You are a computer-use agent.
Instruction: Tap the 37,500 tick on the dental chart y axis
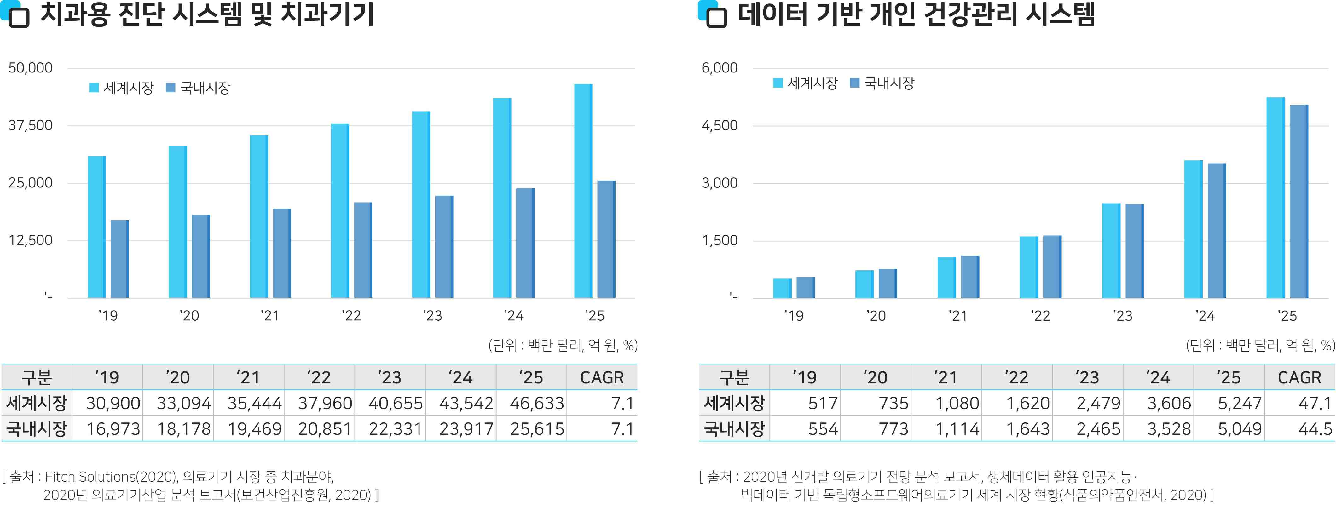(x=30, y=125)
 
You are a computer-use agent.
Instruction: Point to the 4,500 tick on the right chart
(x=719, y=125)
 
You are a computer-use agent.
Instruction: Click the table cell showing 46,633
(x=536, y=403)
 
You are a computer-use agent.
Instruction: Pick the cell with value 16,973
(x=113, y=429)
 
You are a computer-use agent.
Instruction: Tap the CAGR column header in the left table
(x=602, y=377)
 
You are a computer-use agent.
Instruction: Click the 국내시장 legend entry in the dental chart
(x=198, y=88)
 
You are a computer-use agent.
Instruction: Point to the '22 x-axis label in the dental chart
(x=351, y=315)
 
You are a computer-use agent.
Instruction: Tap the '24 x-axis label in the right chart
(x=1205, y=315)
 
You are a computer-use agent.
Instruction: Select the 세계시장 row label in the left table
(x=36, y=403)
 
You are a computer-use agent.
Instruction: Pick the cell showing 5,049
(x=1239, y=429)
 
